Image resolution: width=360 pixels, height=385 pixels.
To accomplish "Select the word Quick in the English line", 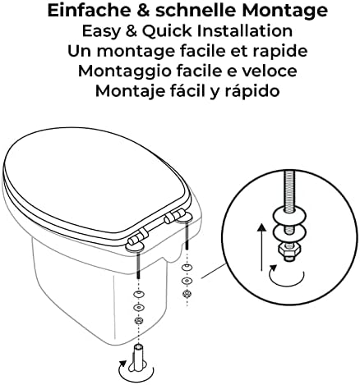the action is click(167, 31).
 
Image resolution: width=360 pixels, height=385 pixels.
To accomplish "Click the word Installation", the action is click(245, 30).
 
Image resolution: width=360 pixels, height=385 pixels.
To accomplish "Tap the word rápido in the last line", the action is click(252, 92).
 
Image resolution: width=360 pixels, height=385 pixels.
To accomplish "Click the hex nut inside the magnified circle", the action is click(289, 250).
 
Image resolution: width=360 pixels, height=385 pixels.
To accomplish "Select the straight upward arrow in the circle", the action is click(262, 247).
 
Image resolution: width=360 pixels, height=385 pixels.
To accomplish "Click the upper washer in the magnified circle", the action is click(289, 214).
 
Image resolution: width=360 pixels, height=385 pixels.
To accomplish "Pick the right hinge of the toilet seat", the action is click(177, 216).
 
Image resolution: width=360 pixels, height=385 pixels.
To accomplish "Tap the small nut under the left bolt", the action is click(139, 320).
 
